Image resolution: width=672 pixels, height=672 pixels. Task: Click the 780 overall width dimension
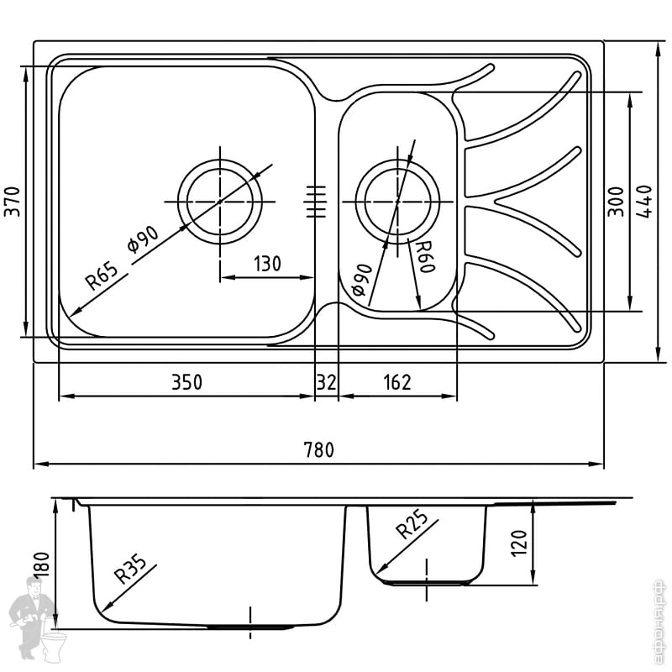319,450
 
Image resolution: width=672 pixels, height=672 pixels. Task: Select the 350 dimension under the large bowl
186,383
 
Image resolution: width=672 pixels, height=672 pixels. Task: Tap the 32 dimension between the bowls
327,383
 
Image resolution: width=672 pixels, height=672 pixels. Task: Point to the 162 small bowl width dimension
397,383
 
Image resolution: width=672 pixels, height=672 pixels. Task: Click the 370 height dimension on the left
13,202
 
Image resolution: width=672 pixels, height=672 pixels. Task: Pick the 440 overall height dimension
644,202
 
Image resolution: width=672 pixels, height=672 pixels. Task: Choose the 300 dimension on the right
617,202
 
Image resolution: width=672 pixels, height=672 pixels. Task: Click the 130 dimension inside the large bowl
266,264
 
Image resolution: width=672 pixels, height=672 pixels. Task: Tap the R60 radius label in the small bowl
425,256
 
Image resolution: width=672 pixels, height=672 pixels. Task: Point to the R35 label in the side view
130,571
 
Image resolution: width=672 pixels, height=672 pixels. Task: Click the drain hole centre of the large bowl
220,202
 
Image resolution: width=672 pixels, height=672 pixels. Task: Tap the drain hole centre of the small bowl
397,202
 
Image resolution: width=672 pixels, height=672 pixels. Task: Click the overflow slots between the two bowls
316,202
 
